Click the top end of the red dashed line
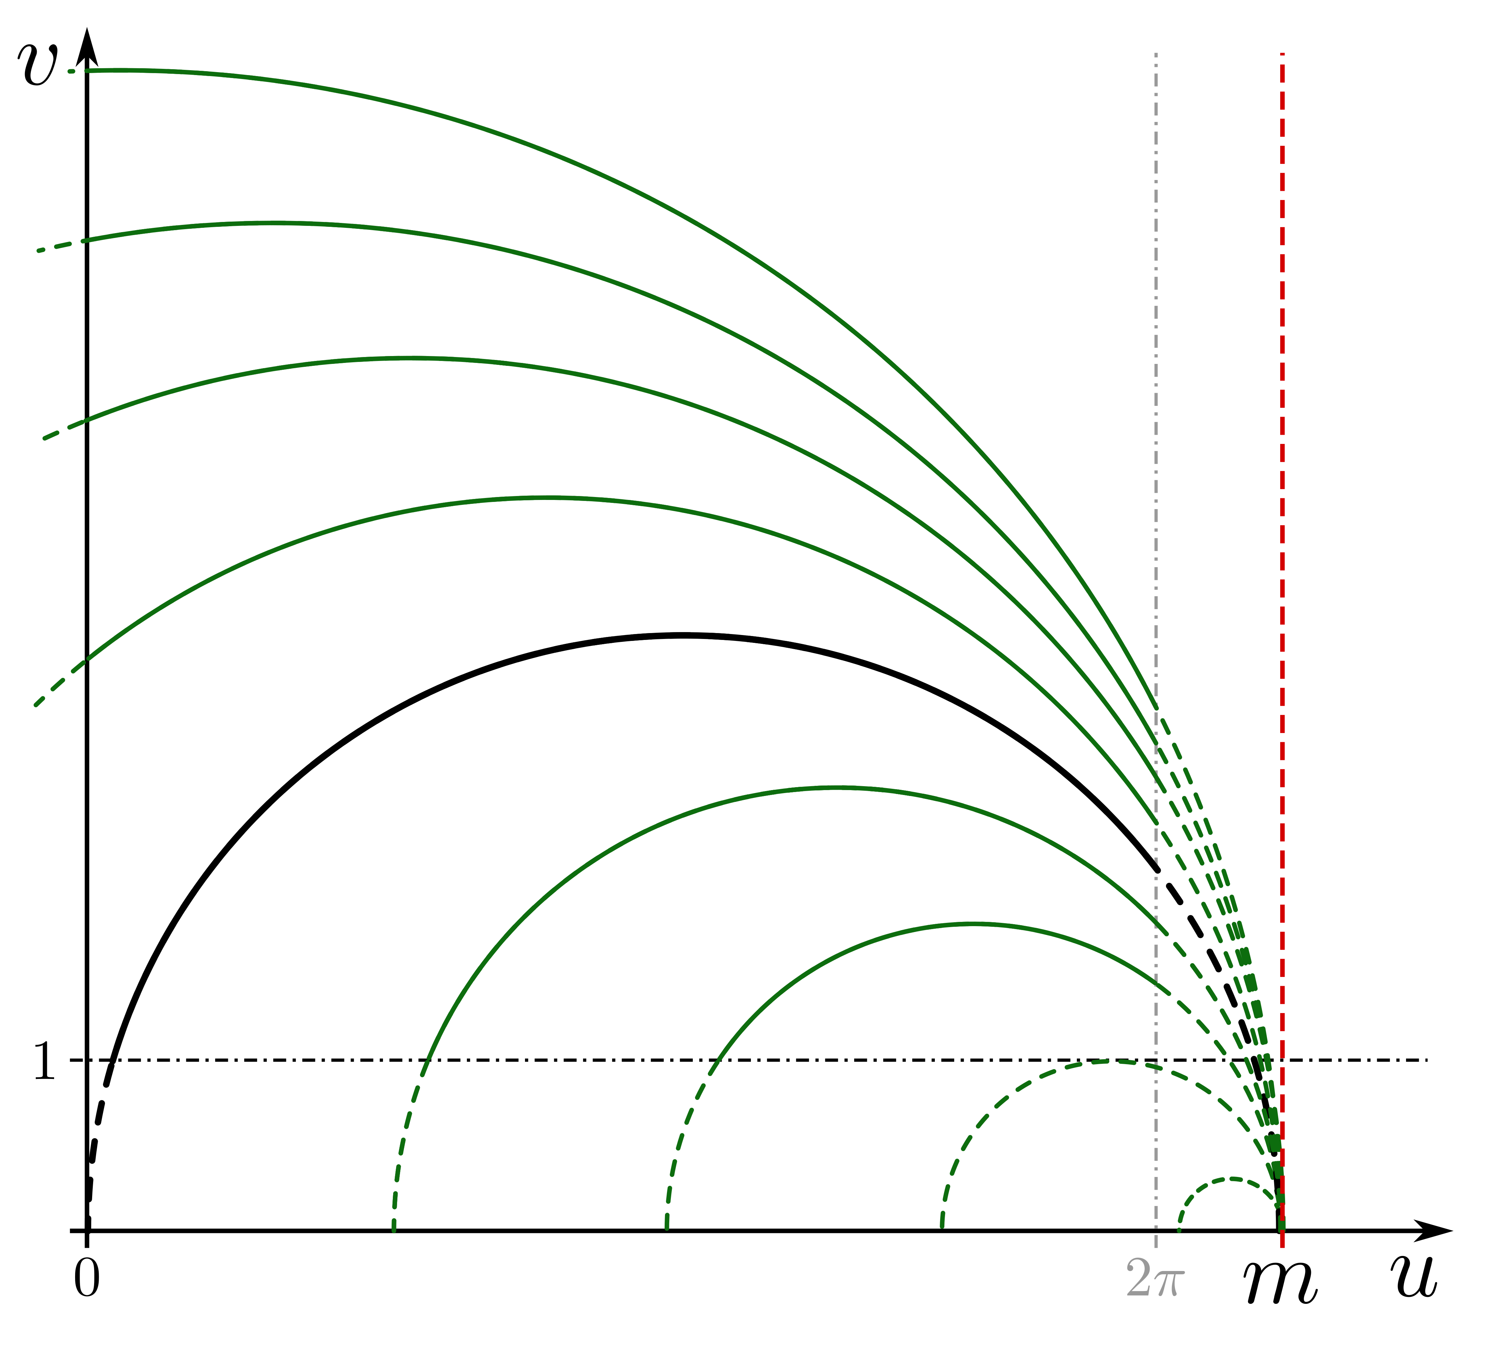[1282, 55]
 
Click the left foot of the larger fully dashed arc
[942, 1227]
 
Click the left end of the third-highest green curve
[44, 439]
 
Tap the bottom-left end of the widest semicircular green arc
[394, 1231]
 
